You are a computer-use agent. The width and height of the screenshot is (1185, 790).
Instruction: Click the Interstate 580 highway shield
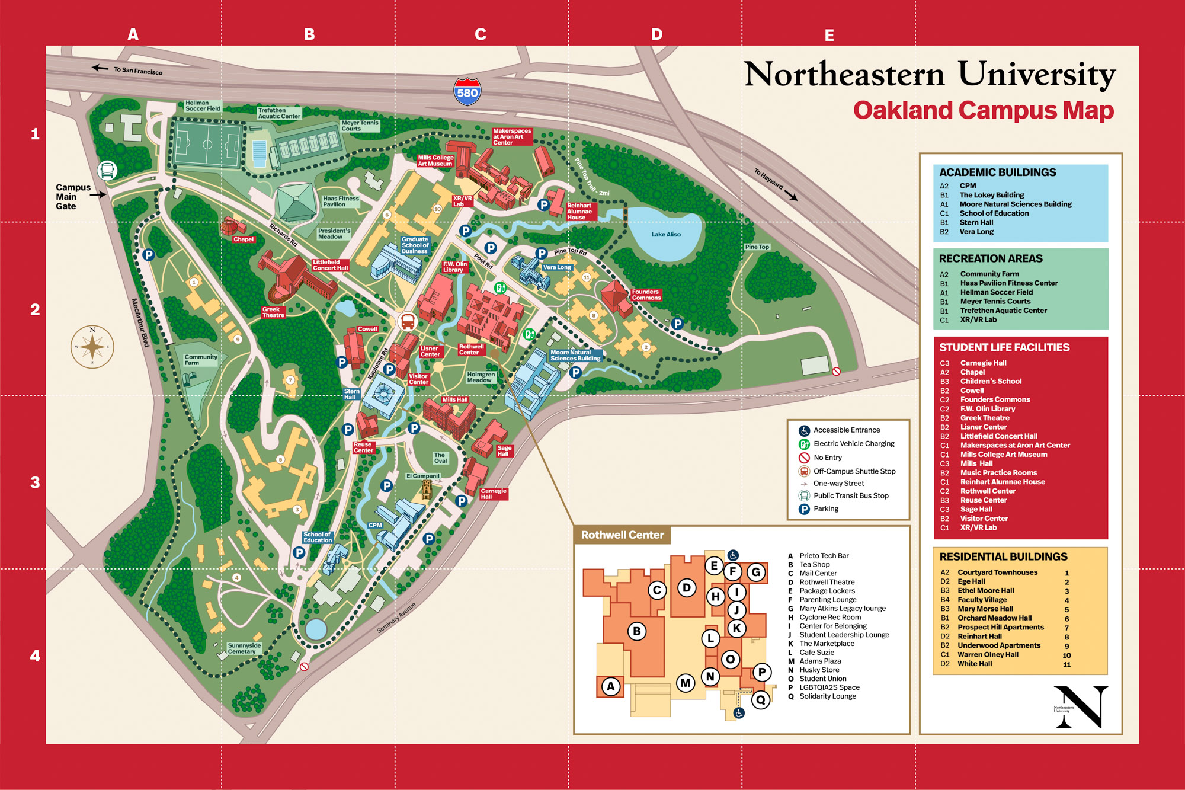(467, 92)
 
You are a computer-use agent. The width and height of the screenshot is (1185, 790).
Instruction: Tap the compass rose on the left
(92, 347)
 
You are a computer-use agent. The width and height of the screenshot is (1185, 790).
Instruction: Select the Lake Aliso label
(666, 234)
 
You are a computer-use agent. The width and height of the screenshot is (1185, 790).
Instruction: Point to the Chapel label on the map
(243, 239)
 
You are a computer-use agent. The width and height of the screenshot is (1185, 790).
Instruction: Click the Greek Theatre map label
(273, 312)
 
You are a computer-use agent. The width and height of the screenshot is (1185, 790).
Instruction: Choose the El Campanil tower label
(422, 476)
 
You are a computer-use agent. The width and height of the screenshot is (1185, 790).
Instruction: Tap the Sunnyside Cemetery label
(244, 648)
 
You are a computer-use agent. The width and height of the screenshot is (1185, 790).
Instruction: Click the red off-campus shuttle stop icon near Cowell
(408, 322)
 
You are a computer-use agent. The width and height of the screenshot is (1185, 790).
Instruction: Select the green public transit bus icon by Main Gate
(107, 171)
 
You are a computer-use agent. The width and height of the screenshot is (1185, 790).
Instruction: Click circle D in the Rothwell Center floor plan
(687, 588)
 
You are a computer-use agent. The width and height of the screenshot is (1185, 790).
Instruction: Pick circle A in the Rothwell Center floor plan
(610, 686)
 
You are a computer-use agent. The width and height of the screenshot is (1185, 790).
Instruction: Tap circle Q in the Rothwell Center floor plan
(760, 700)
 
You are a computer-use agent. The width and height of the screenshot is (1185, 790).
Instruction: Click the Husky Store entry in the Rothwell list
(819, 670)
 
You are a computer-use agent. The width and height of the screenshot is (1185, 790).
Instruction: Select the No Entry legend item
(827, 458)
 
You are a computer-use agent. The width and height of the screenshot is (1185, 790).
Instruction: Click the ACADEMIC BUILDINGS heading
(997, 172)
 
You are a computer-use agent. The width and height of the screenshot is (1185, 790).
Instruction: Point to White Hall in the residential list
(975, 664)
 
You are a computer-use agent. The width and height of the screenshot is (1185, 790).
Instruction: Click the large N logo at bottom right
(1081, 706)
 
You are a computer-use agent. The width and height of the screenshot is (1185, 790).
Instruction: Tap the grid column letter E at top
(829, 36)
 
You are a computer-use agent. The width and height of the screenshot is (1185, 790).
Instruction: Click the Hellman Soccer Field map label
(203, 105)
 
